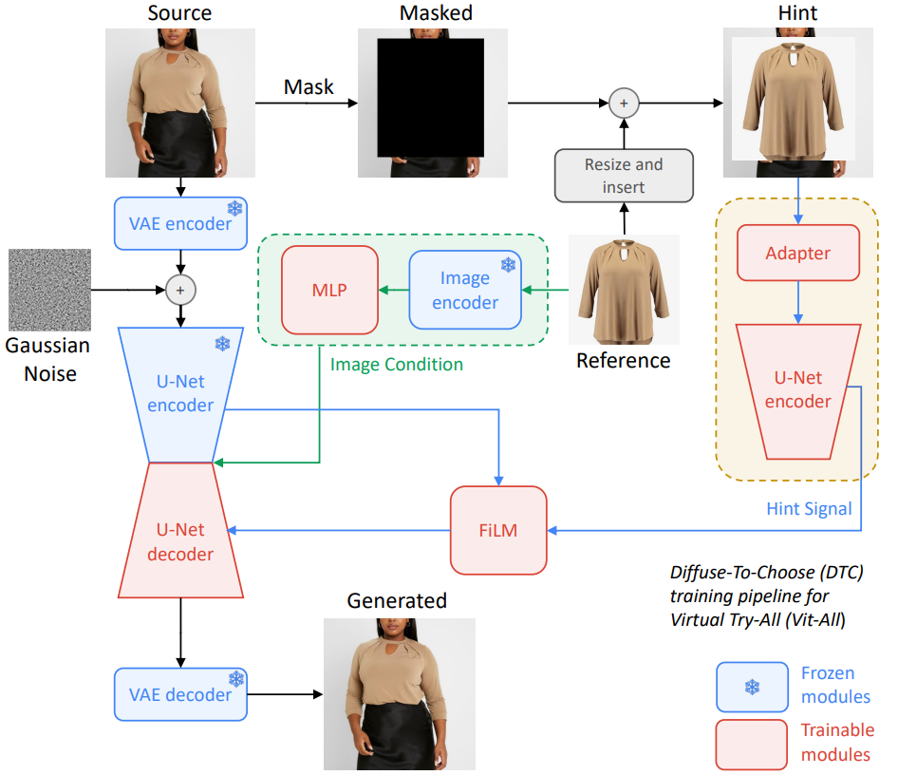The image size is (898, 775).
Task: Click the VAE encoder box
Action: point(179,223)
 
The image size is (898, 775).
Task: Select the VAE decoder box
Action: point(179,694)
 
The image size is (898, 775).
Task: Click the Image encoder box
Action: point(465,290)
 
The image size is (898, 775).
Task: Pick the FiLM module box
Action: point(498,530)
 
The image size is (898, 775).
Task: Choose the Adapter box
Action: point(797,254)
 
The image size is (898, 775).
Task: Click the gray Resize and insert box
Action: point(624,176)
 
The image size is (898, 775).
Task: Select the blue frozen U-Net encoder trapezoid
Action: point(179,393)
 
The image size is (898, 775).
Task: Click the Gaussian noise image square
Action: point(49,290)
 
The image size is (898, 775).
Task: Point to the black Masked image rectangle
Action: point(430,97)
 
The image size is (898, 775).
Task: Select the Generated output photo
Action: point(399,693)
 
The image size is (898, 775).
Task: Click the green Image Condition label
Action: point(396,364)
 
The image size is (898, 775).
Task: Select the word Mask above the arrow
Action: point(309,87)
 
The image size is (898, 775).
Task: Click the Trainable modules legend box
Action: point(752,744)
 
